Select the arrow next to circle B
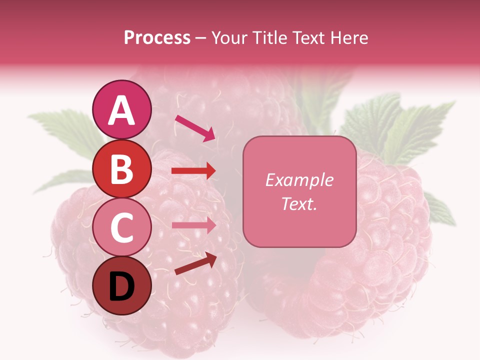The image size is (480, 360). point(193,171)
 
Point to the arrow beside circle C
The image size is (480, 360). point(193,225)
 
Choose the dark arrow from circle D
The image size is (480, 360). point(195,263)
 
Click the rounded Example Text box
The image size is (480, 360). point(299,191)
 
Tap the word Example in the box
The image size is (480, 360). point(299,180)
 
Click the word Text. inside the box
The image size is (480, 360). point(299,204)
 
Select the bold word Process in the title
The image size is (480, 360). point(157,37)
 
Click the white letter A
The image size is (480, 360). point(122,110)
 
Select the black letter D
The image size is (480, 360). point(122,287)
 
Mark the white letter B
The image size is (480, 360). point(122,169)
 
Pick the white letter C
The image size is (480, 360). point(122,227)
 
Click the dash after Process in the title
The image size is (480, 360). point(200,38)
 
